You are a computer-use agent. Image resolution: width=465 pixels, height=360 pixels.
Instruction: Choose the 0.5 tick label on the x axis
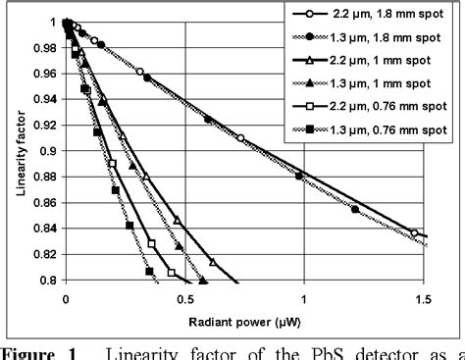184,298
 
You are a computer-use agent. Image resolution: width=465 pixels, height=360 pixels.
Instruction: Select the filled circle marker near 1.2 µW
355,209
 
